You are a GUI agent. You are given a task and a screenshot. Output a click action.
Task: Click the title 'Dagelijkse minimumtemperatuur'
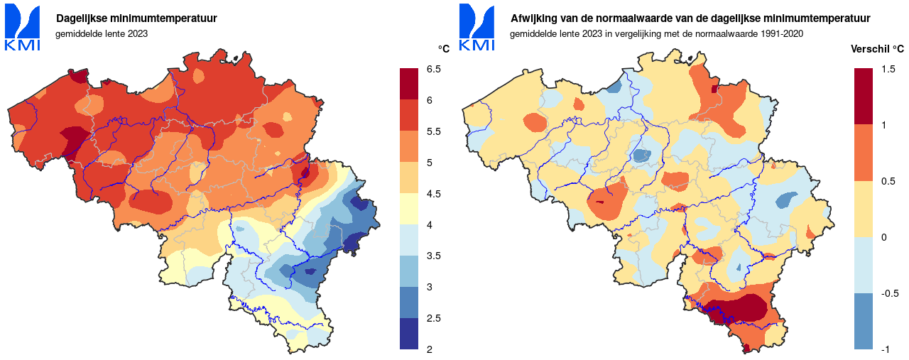coord(136,18)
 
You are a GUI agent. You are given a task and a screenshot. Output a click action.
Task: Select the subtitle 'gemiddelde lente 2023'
coord(102,34)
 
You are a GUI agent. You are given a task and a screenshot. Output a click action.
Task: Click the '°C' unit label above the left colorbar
coord(444,49)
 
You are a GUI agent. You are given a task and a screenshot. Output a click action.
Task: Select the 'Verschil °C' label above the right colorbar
coord(878,49)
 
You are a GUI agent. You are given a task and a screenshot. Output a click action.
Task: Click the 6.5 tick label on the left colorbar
coord(433,69)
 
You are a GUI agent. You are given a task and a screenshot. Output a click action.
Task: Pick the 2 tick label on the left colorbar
coord(429,349)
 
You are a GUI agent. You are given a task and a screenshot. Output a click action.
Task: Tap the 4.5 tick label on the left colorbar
coord(433,194)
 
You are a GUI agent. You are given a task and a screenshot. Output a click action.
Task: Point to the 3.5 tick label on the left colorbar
coord(433,256)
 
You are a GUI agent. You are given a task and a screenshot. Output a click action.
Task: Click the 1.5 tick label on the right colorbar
coord(888,69)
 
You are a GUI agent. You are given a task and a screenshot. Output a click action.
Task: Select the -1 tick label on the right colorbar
coord(885,349)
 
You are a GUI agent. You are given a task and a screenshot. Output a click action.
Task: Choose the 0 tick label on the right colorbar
coord(883,237)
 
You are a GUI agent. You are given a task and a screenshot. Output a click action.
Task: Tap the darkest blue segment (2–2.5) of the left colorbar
coord(409,334)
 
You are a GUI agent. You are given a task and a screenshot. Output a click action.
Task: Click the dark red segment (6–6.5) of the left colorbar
coord(409,84)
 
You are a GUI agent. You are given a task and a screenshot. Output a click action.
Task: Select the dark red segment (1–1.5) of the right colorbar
coord(864,97)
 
